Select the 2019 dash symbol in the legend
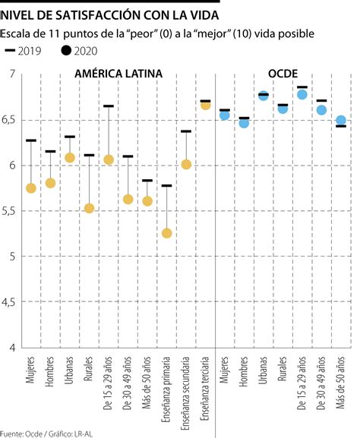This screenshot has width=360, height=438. click(x=11, y=51)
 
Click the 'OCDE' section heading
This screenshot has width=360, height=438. click(x=283, y=74)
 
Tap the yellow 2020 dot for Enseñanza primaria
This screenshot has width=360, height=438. click(x=167, y=233)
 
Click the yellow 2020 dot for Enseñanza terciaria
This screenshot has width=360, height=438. click(x=205, y=105)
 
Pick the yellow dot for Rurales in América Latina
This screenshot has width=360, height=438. click(x=90, y=208)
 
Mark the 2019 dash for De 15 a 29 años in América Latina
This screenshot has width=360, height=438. click(x=109, y=106)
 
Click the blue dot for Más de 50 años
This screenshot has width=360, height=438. click(x=341, y=121)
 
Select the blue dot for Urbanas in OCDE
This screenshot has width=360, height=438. click(x=264, y=96)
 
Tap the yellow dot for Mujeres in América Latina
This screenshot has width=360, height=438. click(x=31, y=188)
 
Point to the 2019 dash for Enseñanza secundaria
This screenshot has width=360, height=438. click(x=186, y=131)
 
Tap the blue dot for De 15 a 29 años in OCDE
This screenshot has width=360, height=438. click(x=302, y=95)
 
